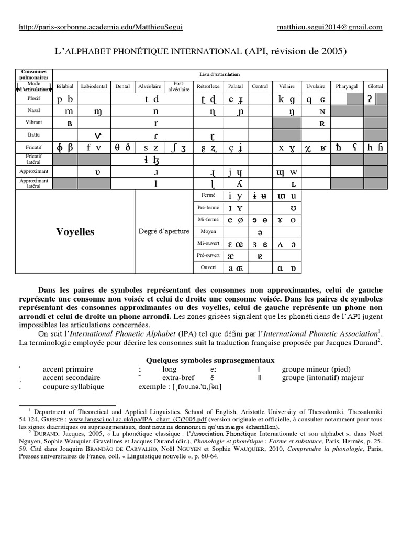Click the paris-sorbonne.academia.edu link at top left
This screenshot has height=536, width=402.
(x=101, y=27)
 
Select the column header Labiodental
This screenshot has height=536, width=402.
(x=94, y=86)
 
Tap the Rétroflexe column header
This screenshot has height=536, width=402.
(x=208, y=86)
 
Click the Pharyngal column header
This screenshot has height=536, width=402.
(x=347, y=86)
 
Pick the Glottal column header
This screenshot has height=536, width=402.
(x=375, y=86)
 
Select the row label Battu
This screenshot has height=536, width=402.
(x=34, y=136)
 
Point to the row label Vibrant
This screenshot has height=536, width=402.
(x=34, y=124)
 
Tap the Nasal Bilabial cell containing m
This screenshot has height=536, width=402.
(x=69, y=111)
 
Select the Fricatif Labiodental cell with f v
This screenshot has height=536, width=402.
(x=94, y=148)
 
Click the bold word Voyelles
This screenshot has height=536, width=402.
(x=75, y=231)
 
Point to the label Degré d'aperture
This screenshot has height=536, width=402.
(x=164, y=231)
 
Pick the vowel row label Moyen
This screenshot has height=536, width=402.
(x=208, y=231)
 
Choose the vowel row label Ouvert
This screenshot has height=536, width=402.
(x=208, y=267)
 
